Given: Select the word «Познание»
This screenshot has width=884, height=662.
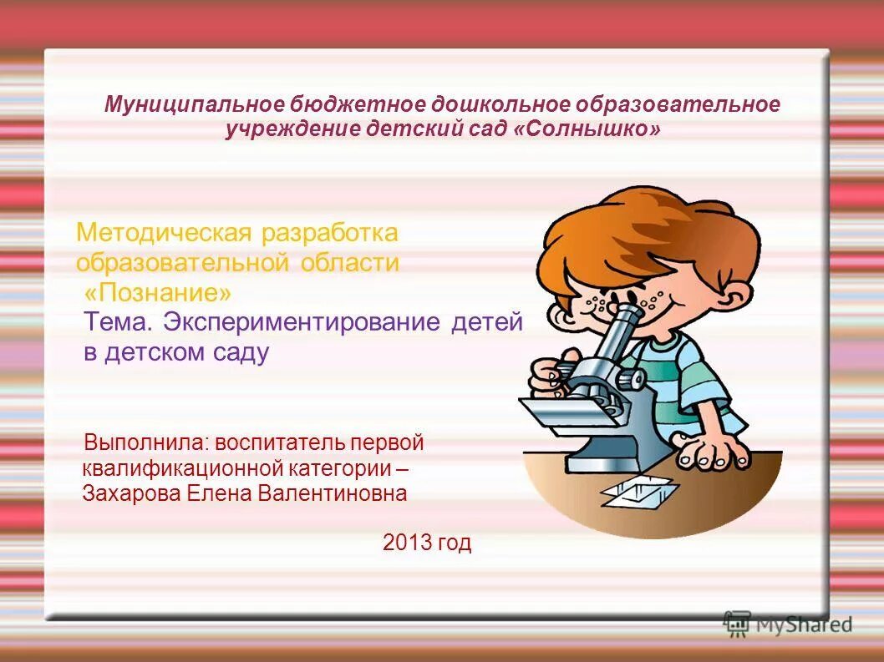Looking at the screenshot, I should click(158, 293).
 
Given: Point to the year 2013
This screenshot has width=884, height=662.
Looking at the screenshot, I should click(407, 543).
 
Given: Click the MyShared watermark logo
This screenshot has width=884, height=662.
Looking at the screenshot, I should click(788, 623).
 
